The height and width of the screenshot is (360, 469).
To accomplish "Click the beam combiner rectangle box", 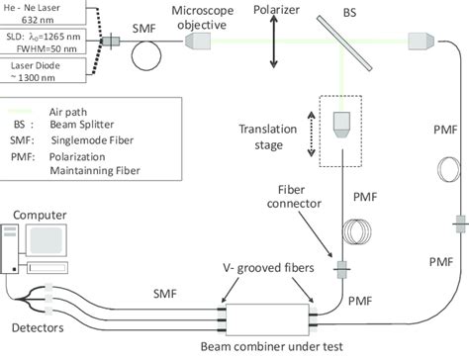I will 265,315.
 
